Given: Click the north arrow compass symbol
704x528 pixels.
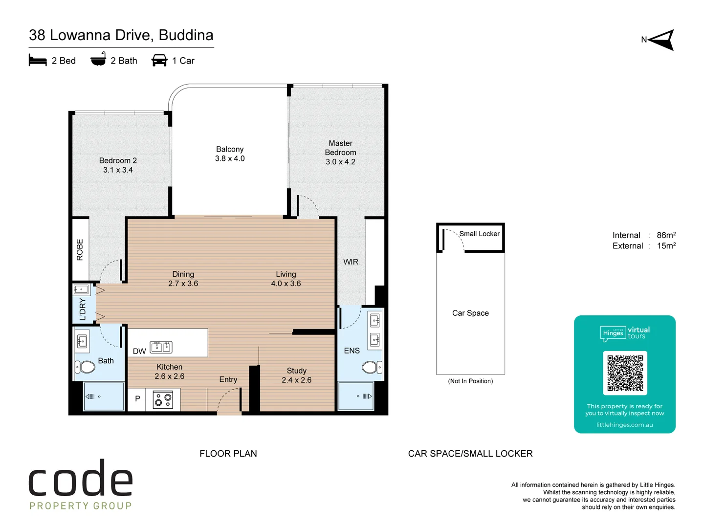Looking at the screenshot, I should pos(661,40).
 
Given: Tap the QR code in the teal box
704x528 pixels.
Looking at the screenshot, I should pos(625,373).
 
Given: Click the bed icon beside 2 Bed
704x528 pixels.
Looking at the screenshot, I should pos(38,60).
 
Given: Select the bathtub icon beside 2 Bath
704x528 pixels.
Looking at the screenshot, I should pos(98,59).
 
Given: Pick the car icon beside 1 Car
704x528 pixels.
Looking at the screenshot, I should pos(159,60).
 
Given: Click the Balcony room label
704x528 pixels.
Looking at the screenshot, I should pos(230,149).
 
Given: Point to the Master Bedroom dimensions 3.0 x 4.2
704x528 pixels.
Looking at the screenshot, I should pos(340,162).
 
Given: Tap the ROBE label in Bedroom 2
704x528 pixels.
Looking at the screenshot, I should pos(80,249).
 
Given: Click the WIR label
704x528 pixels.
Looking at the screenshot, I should pos(351,262).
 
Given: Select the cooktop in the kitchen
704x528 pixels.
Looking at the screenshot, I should pos(163,400).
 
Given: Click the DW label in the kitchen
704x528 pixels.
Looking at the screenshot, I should pos(139,351).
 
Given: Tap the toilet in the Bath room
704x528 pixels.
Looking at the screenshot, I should pos(86,367).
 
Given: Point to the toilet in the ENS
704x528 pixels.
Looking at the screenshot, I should pos(371,367).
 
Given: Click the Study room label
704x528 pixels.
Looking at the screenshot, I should pos(296,371).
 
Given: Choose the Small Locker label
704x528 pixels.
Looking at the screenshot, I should pos(479,234).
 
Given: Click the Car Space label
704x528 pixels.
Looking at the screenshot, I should pos(470,313).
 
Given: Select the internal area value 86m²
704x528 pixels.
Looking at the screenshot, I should pos(666,235).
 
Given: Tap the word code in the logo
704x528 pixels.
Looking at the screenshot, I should pos(81,479).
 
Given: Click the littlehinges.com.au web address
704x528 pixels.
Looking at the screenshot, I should pos(624,425).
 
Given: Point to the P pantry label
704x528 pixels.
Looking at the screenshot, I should pos(137,398).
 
